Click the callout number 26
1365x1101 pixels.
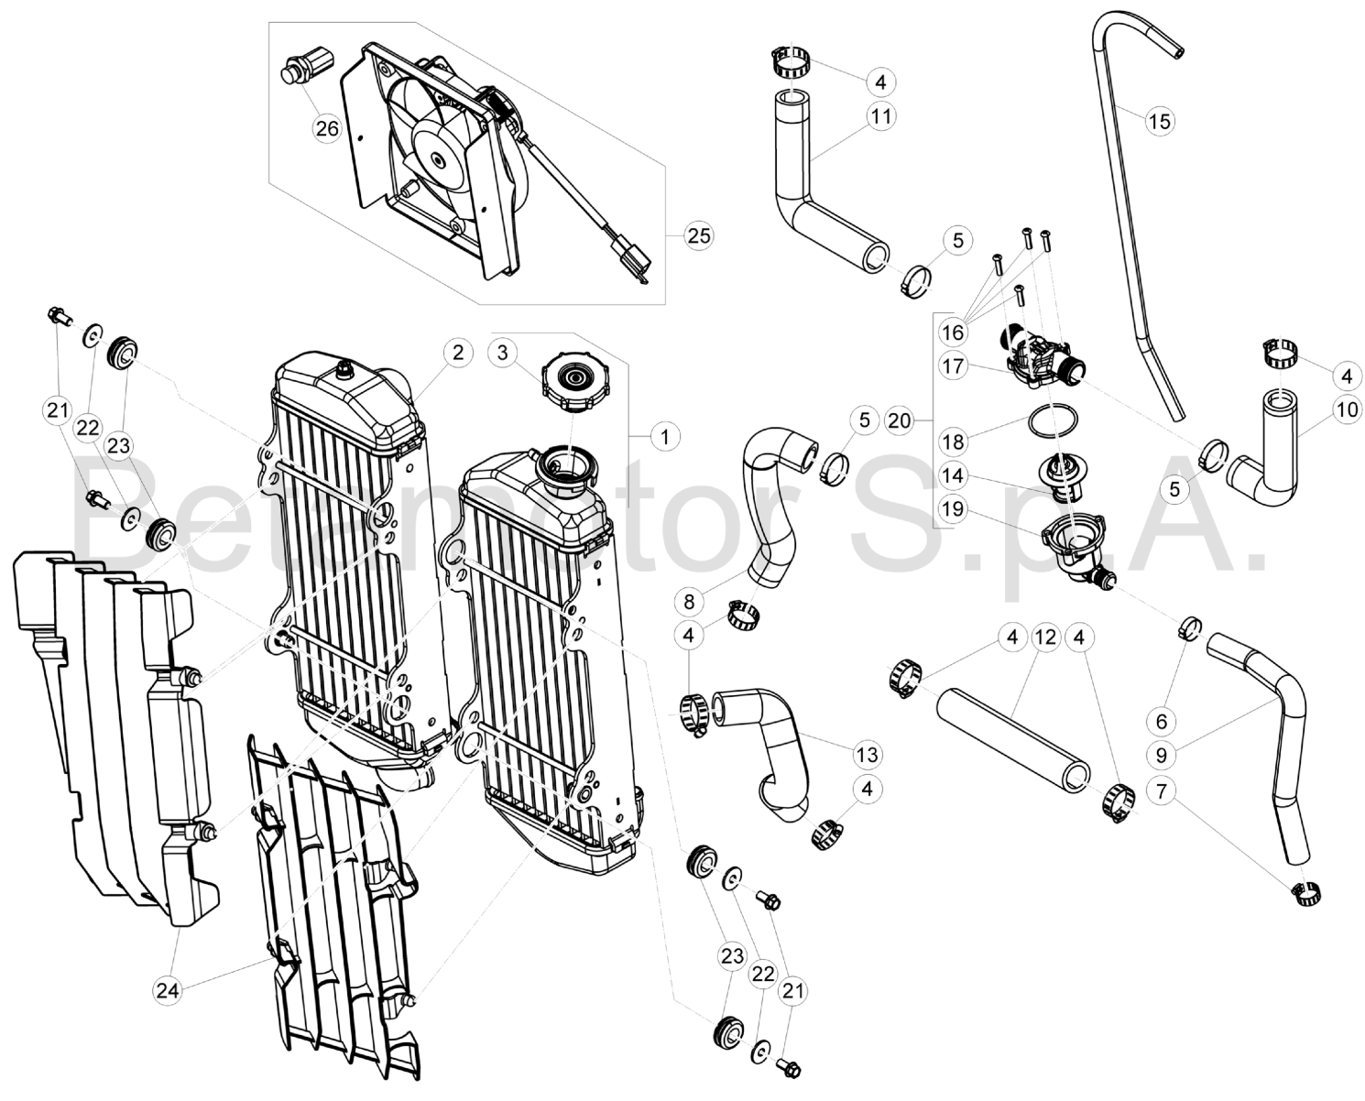coord(327,128)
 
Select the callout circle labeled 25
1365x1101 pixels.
coord(698,235)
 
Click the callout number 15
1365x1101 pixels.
coord(1159,121)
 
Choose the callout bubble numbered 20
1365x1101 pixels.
coord(901,420)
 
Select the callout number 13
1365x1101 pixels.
coord(866,755)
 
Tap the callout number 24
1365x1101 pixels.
coord(167,989)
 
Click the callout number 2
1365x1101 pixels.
coord(457,352)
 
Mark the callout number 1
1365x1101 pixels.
coord(665,437)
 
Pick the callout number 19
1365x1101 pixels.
coord(953,509)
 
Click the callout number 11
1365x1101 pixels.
coord(880,116)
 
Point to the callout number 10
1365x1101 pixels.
coord(1346,409)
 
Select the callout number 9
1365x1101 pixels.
coord(1162,756)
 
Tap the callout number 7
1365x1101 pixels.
coord(1162,790)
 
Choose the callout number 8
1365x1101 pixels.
coord(690,603)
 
